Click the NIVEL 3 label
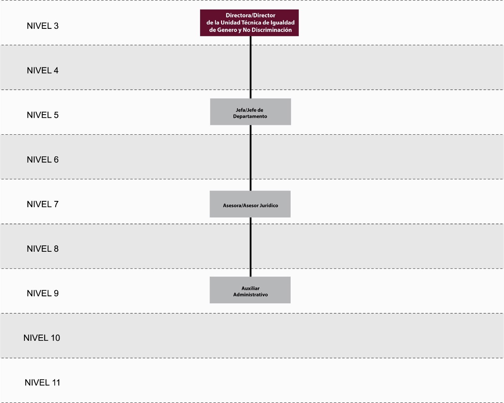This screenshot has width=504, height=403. coord(43,26)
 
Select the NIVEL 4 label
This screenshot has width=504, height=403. coord(43,71)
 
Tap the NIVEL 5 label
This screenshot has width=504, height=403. coord(43,115)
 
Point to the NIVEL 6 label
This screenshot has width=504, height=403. coord(43,160)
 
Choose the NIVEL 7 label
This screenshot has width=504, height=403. coord(43,204)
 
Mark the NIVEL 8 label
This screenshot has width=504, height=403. coord(43,249)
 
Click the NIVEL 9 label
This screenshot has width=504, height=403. coord(43,293)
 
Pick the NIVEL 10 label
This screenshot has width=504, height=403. coord(42,338)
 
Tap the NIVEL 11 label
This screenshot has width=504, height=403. coord(43,383)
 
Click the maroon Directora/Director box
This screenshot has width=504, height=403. coord(249,23)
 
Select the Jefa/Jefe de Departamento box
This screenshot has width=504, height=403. coord(250,112)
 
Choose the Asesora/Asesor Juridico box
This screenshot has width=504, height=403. coord(250,204)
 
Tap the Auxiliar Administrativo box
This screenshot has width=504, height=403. coord(250,290)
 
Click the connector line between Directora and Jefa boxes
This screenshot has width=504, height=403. coord(251,67)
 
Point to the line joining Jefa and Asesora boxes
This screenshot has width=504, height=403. coord(250,158)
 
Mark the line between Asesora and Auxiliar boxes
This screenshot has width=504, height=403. coord(250,247)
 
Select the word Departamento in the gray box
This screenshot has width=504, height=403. coord(250,116)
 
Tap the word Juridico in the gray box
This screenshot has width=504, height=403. coord(269,206)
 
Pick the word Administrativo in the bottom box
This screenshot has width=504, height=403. coord(250,295)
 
